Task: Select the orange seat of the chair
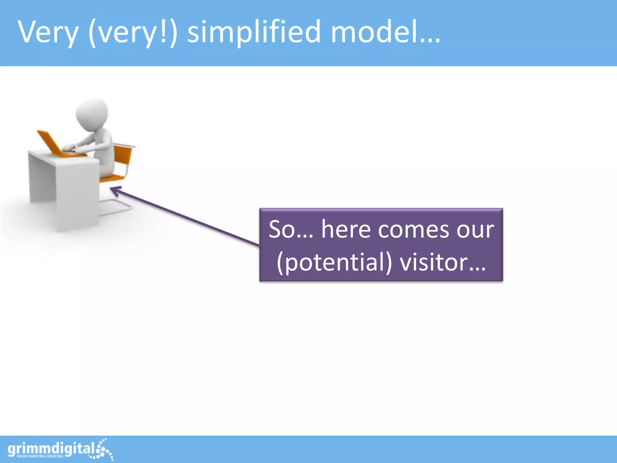click(x=111, y=178)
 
